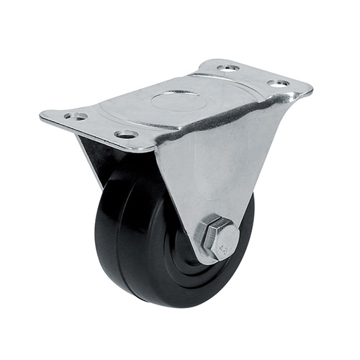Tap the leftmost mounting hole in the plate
click(x=75, y=116)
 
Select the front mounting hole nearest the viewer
click(x=126, y=134)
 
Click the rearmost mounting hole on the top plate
click(x=228, y=68)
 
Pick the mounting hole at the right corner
click(x=279, y=84)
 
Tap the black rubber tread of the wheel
click(x=115, y=238)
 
